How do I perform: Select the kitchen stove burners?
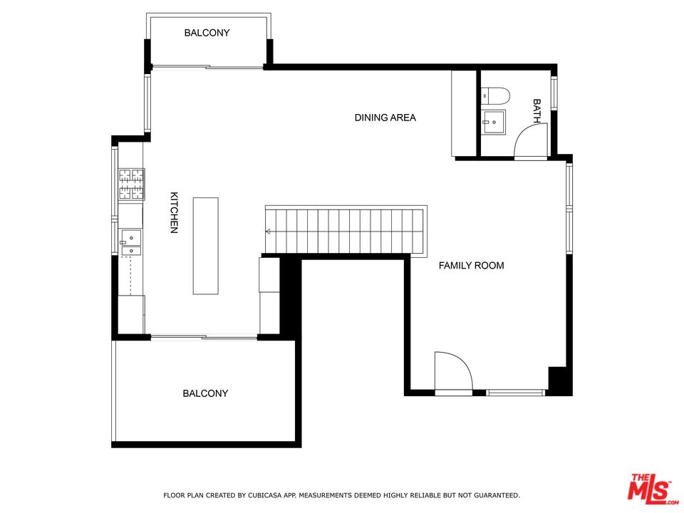point(131,183)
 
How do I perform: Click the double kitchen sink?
point(130,242)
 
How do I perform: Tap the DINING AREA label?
point(385,118)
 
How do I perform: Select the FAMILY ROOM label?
point(471,266)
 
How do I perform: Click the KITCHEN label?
point(173,212)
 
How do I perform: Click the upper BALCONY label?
point(207,33)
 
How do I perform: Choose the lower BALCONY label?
point(205,393)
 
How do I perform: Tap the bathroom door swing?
point(531,141)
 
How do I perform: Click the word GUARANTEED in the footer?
point(493,494)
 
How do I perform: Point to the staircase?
point(346,230)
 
